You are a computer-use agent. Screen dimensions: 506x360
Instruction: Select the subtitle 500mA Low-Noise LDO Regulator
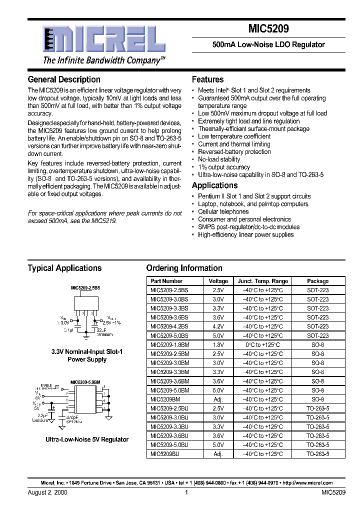coord(268,44)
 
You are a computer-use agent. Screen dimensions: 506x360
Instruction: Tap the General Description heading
coord(64,79)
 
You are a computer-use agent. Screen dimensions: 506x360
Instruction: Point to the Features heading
coord(207,79)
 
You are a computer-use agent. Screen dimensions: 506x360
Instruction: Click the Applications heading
coord(215,185)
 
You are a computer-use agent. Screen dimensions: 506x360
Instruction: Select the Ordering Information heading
coord(184,268)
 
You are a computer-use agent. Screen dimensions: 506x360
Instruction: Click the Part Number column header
coord(166,281)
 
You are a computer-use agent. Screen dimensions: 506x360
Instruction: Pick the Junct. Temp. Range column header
coord(262,281)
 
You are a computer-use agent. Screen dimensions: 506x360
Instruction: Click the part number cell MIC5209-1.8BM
coord(170,345)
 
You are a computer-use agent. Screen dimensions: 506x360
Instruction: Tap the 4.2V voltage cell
coord(218,326)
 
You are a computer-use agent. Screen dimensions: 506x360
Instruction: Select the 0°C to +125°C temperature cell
coord(262,345)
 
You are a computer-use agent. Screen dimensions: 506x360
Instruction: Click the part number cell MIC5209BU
coord(164,454)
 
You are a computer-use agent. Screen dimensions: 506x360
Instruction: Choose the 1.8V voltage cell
coord(218,345)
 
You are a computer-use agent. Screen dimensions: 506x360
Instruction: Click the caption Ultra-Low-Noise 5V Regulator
coord(87,439)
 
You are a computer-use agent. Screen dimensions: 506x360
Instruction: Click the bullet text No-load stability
coord(219,159)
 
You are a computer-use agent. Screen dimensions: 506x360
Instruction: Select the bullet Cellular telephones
coord(223,211)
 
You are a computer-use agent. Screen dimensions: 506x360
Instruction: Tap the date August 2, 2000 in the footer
coord(47,492)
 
